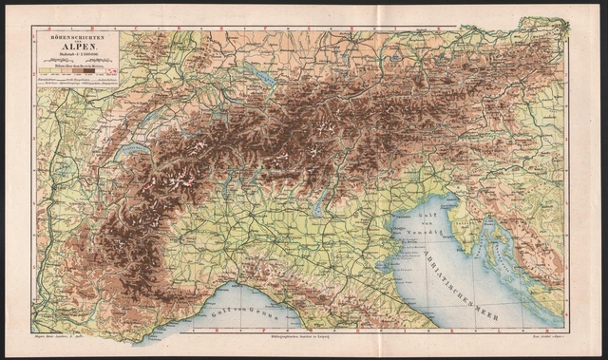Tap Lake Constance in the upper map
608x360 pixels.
pos(260,77)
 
